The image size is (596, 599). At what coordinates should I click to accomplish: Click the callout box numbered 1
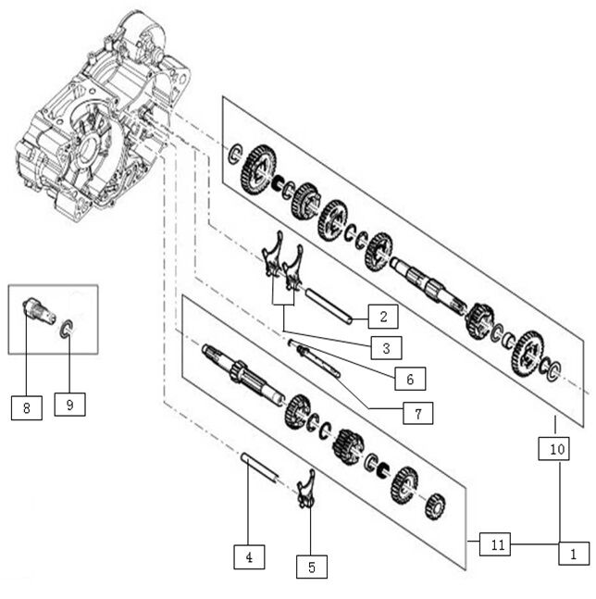coord(572,554)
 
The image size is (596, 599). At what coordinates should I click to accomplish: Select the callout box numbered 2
coord(382,317)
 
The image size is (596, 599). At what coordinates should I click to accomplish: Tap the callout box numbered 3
coord(382,347)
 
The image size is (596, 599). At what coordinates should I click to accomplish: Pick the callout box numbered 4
coord(249,557)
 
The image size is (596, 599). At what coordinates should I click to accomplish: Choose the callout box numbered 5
coord(311,566)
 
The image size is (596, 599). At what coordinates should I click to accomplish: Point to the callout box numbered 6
coord(408,378)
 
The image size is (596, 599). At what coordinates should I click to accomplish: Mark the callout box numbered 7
coord(417,413)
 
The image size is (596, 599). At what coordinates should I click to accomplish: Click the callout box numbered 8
coord(27,407)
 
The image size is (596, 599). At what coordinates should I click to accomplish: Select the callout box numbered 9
coord(69,405)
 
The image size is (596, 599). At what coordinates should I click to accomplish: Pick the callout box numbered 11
coord(496,544)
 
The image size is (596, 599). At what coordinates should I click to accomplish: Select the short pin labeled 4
coord(258,466)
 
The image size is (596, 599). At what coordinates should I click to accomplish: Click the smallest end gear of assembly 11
coord(433,509)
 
